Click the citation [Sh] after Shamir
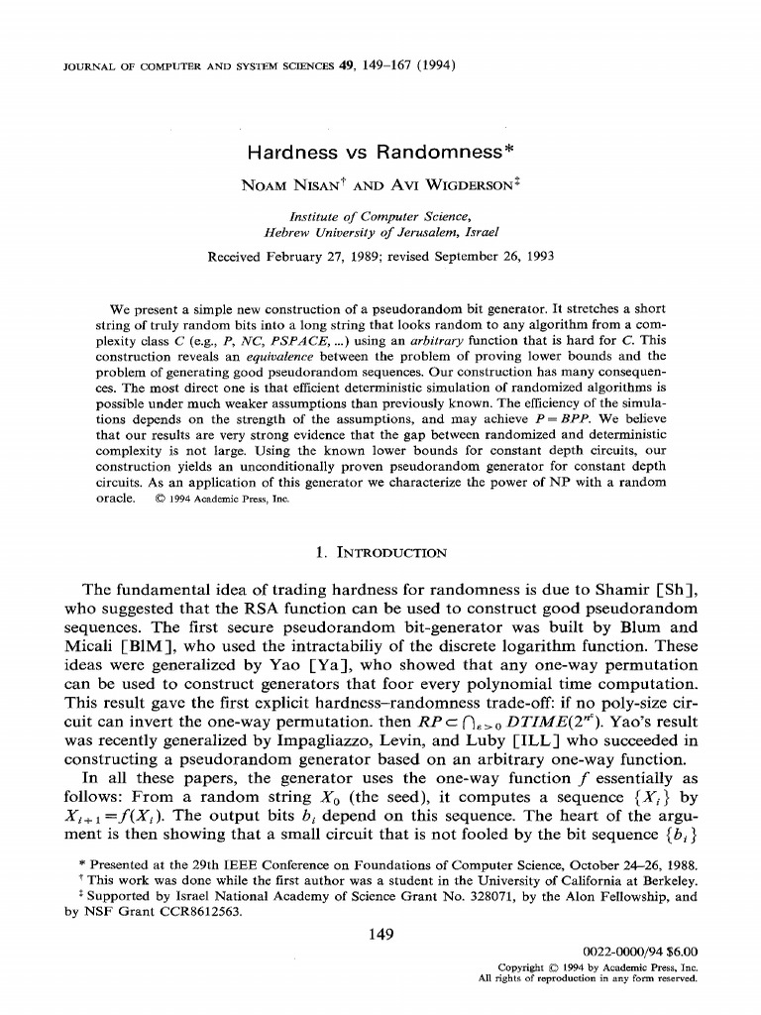point(682,589)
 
